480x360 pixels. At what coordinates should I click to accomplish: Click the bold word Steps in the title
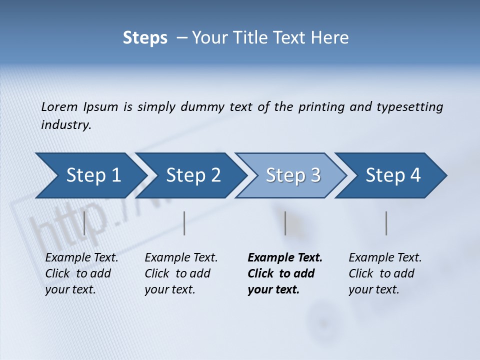[x=145, y=38]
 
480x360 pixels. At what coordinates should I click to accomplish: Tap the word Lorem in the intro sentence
[x=59, y=106]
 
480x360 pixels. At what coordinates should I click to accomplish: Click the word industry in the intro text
[x=65, y=124]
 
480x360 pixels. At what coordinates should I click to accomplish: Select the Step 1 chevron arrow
[x=90, y=175]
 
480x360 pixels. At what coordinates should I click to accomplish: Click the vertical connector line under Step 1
[x=84, y=223]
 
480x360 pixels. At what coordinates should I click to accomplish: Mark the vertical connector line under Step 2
[x=184, y=223]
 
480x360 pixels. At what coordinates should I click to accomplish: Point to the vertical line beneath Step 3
[x=285, y=223]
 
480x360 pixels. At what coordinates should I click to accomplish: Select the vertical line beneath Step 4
[x=386, y=223]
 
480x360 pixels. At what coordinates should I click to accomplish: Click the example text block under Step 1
[x=81, y=273]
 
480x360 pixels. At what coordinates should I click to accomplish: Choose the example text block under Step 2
[x=181, y=273]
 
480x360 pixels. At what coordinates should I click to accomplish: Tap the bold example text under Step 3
[x=285, y=273]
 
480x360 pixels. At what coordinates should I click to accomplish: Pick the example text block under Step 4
[x=385, y=273]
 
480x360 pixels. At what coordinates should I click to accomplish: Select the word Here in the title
[x=332, y=38]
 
